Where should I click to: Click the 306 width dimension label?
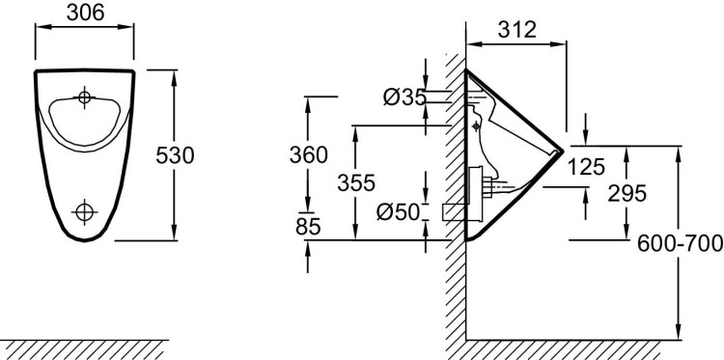point(82,13)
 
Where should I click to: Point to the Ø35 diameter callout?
point(404,97)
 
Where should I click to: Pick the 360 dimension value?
point(309,154)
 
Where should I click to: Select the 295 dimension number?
point(627,193)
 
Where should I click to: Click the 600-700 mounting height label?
point(680,244)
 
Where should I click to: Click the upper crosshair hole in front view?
point(85,97)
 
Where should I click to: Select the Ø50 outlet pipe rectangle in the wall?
point(454,211)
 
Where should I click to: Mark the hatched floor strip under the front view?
point(84,348)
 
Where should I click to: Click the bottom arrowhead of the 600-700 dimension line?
point(680,334)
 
